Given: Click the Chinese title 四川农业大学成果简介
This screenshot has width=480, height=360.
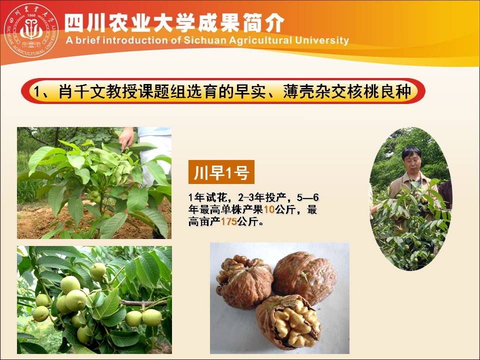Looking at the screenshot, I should pos(175,22).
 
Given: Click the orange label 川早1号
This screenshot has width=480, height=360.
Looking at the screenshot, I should pos(221,173).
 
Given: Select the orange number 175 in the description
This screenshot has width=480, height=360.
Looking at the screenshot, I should pos(228,222).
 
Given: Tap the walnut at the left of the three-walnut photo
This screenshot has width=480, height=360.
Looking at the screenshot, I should pos(243,280).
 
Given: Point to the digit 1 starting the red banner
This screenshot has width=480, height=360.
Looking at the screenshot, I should pos(37,91).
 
